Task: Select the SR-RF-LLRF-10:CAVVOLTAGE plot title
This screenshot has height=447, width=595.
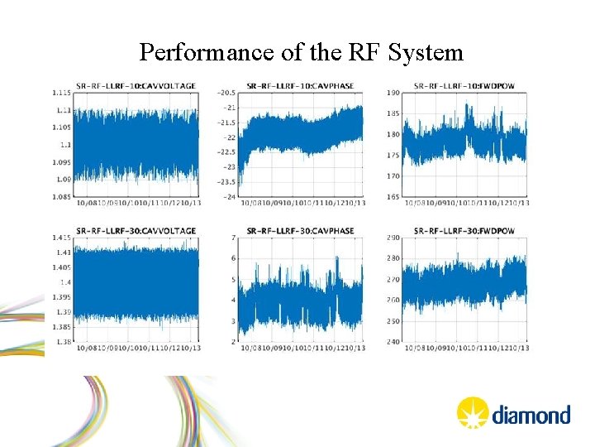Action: [136, 86]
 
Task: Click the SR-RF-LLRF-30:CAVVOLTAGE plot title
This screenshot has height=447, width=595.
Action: [136, 230]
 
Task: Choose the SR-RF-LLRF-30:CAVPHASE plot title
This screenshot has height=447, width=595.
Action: [300, 230]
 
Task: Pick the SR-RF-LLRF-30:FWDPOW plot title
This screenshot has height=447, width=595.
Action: [464, 230]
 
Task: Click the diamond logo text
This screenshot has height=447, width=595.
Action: [531, 414]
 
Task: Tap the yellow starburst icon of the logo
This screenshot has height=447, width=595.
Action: [472, 412]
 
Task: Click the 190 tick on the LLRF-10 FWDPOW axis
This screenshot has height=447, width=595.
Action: [393, 93]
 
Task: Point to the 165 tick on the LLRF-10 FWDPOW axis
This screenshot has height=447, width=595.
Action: [393, 196]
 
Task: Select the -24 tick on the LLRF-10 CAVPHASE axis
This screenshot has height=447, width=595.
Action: [229, 196]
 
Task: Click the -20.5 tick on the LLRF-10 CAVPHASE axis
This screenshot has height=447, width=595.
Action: [225, 93]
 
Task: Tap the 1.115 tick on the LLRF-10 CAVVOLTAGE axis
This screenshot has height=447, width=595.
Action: [59, 93]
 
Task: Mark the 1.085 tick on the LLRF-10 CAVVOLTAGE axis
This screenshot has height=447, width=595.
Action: [59, 196]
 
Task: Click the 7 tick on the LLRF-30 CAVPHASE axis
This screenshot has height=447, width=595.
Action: [235, 238]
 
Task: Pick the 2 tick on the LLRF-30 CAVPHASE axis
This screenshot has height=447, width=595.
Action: [235, 341]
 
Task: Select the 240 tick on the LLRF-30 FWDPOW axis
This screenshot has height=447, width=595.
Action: [393, 341]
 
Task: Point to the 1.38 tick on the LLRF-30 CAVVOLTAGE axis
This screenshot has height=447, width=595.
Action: [62, 341]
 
